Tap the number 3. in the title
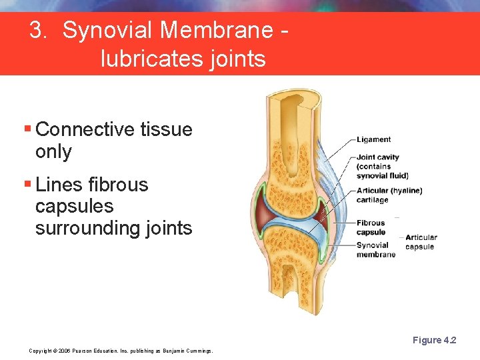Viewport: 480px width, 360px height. (x=39, y=31)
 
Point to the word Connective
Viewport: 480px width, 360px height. (x=85, y=129)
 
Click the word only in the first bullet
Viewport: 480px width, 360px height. (x=53, y=151)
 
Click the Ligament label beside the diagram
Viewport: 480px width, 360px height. (x=373, y=139)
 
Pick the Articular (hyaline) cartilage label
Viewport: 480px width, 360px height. (x=389, y=195)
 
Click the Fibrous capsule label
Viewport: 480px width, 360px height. (x=371, y=227)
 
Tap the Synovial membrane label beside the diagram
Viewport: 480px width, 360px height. (x=375, y=249)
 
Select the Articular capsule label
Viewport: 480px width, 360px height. (x=421, y=242)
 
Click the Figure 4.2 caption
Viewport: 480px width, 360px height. (x=434, y=341)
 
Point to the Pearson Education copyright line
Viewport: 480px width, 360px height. (x=121, y=351)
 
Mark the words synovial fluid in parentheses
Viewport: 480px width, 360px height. (x=382, y=176)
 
